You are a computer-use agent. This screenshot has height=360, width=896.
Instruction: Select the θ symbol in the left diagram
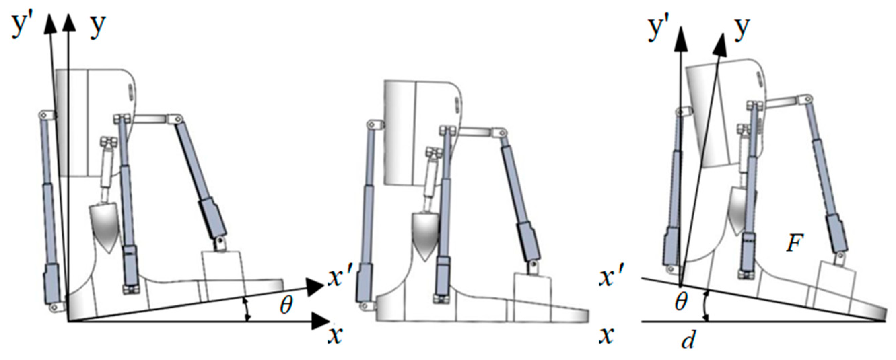pyautogui.click(x=286, y=305)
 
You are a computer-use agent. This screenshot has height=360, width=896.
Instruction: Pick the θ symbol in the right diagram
pyautogui.click(x=681, y=301)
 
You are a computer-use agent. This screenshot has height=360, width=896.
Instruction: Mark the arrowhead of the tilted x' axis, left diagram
pyautogui.click(x=315, y=287)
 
